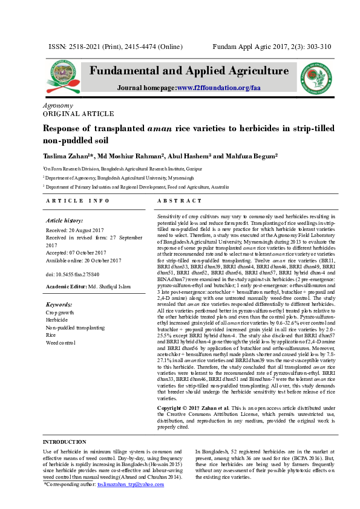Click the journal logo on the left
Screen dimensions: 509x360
coord(57,79)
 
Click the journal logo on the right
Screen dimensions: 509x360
coord(318,79)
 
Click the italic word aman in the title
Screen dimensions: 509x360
coord(160,128)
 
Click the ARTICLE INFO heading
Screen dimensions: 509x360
coord(78,200)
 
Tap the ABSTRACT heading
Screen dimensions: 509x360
coord(179,200)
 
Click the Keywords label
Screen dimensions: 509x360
coord(60,305)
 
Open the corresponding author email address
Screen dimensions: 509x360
coord(130,485)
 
